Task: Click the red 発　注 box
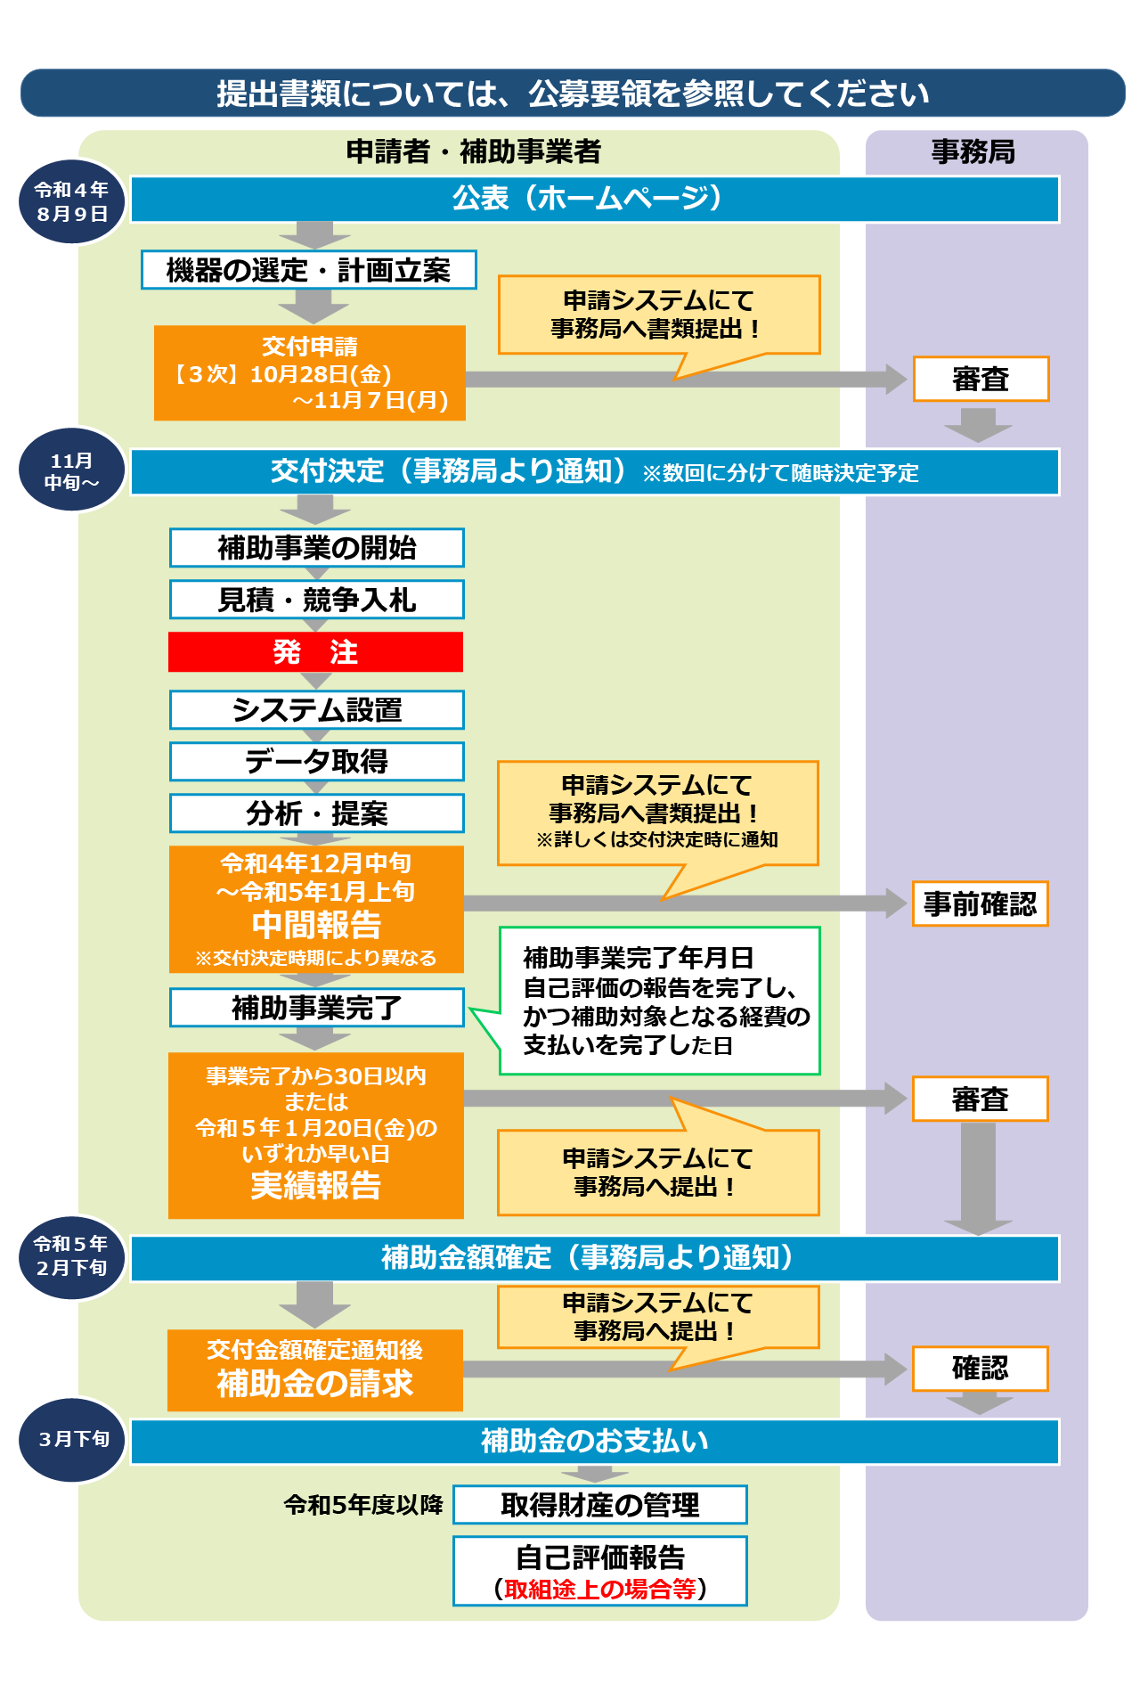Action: (315, 652)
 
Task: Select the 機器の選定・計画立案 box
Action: (309, 270)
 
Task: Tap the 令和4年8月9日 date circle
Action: (72, 202)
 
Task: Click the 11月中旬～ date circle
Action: (72, 470)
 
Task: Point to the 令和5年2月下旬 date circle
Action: (72, 1256)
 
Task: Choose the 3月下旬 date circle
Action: (72, 1440)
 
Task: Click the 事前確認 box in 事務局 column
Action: (980, 904)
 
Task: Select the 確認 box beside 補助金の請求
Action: (980, 1369)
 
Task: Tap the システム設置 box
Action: (316, 710)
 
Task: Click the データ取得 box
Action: (316, 762)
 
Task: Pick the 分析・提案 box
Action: (316, 813)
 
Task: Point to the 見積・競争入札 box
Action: (316, 600)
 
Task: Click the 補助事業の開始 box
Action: (316, 548)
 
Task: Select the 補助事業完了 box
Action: (316, 1008)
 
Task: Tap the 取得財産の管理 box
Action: (600, 1505)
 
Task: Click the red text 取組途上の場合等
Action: (600, 1589)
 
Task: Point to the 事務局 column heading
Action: (973, 152)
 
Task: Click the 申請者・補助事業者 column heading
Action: (474, 152)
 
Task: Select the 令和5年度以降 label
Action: (363, 1505)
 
